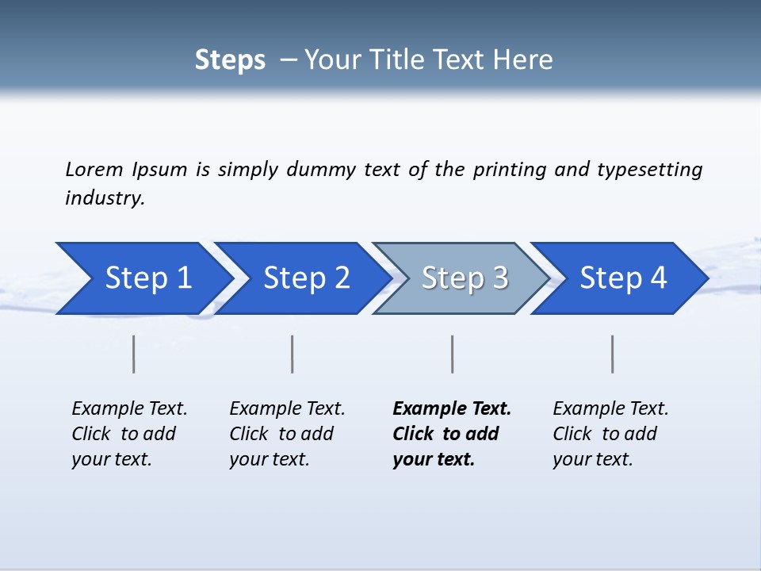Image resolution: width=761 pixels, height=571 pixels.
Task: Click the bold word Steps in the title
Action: (x=230, y=60)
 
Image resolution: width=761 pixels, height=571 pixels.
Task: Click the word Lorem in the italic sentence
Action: (x=94, y=169)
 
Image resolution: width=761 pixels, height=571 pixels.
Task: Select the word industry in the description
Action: (x=105, y=197)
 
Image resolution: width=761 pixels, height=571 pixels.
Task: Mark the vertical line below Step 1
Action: (x=134, y=354)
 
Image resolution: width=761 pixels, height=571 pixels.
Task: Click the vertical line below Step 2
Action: (x=293, y=354)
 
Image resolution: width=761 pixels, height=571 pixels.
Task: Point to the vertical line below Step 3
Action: (x=452, y=354)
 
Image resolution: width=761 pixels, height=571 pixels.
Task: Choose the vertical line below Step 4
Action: (x=612, y=354)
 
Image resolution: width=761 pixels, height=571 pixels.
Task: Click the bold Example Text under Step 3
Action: (x=452, y=409)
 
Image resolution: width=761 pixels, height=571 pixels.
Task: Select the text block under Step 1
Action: (x=129, y=434)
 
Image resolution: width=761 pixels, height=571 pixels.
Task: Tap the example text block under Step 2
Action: (x=287, y=434)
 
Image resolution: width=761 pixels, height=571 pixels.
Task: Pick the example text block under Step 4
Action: (x=610, y=434)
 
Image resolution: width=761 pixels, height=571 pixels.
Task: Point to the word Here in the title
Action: (x=526, y=60)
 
